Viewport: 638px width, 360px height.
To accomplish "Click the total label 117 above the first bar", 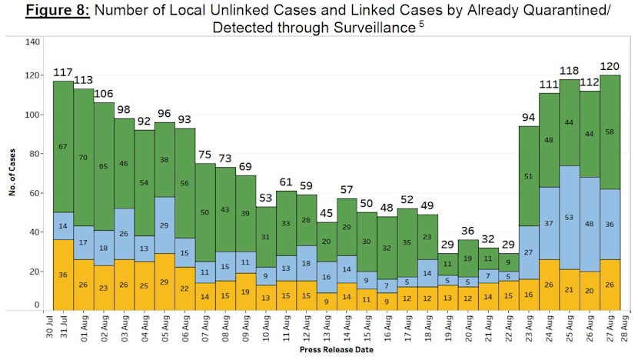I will pyautogui.click(x=63, y=72).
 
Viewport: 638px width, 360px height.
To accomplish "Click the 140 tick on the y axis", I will pyautogui.click(x=32, y=41).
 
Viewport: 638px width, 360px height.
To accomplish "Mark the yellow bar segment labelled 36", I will pyautogui.click(x=63, y=275).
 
